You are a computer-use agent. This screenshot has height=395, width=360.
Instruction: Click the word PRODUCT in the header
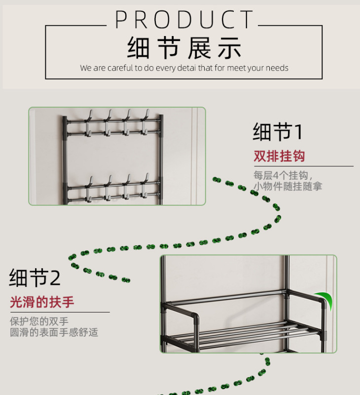(184, 20)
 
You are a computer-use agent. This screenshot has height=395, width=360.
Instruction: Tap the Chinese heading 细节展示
(184, 48)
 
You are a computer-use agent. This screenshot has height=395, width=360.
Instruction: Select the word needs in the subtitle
(277, 68)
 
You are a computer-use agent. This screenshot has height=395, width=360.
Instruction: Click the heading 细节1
(278, 132)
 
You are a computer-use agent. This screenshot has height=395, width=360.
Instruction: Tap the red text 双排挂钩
(279, 157)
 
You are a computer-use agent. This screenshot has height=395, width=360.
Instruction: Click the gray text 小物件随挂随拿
(288, 186)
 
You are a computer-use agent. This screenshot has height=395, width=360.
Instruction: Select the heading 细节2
(35, 278)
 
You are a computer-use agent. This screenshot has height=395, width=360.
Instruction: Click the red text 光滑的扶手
(42, 302)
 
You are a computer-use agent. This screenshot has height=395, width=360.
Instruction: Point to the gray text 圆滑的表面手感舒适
(54, 332)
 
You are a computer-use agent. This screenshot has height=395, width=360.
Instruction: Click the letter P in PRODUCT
(122, 20)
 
